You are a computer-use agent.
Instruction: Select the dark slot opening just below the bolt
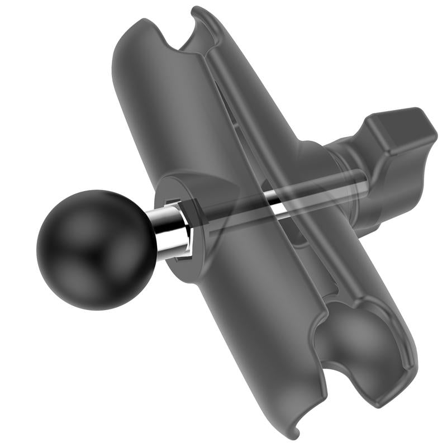point(296,235)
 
